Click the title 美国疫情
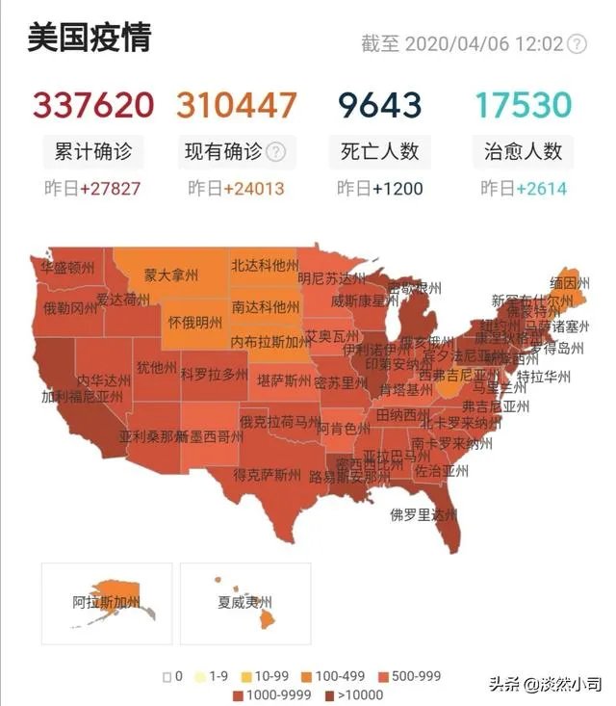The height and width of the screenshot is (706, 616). click(89, 39)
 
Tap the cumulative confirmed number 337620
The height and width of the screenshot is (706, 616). click(93, 105)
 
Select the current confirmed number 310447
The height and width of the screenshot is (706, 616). click(237, 105)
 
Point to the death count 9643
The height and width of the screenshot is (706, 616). click(379, 105)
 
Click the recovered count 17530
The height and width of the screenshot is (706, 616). click(524, 105)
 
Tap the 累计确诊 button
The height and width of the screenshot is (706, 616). click(93, 151)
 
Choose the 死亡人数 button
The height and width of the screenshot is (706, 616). click(379, 151)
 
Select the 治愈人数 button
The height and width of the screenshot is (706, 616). click(524, 151)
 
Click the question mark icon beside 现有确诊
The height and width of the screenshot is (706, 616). click(276, 151)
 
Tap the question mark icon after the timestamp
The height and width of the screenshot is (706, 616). click(577, 44)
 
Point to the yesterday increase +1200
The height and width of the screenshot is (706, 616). click(398, 188)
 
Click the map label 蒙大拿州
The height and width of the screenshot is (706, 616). click(171, 275)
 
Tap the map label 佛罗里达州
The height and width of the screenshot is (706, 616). click(423, 515)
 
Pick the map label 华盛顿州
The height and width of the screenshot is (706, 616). click(67, 268)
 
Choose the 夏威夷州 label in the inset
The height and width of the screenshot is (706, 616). click(231, 603)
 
